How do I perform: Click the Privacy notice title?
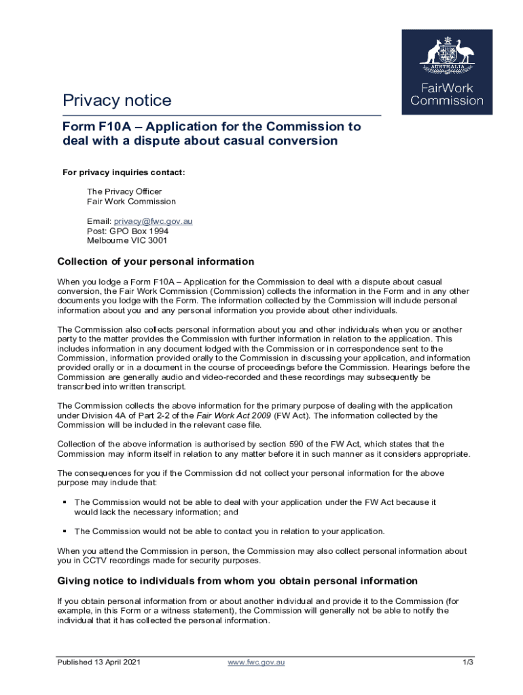pyautogui.click(x=117, y=101)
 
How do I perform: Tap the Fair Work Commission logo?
pyautogui.click(x=447, y=71)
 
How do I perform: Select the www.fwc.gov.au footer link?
pyautogui.click(x=256, y=662)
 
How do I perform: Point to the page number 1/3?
pyautogui.click(x=467, y=662)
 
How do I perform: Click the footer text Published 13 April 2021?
pyautogui.click(x=98, y=662)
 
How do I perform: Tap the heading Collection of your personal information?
pyautogui.click(x=156, y=261)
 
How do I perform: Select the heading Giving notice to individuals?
pyautogui.click(x=237, y=581)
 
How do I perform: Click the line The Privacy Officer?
pyautogui.click(x=124, y=191)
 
